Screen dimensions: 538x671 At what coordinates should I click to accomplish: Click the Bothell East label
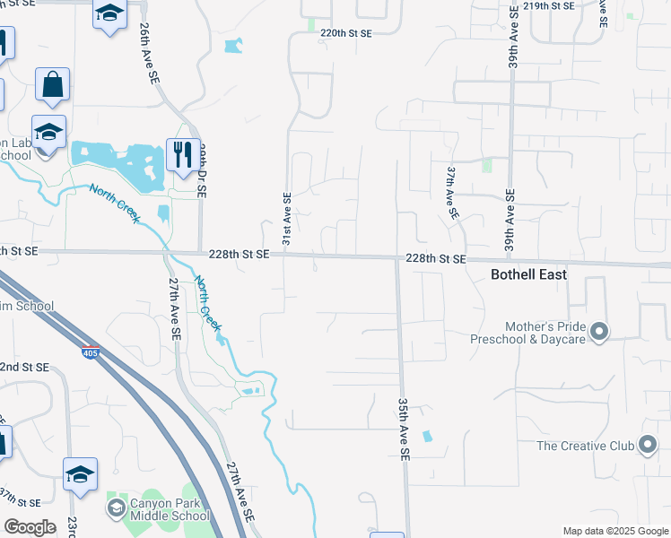point(529,274)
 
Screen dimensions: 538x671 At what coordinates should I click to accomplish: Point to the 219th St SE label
point(549,6)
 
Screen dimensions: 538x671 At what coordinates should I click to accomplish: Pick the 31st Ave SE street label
point(287,219)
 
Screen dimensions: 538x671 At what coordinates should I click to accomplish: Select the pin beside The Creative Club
point(648,446)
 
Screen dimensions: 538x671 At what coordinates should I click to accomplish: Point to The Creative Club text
point(586,446)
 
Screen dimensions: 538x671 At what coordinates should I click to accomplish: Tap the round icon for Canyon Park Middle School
point(116,508)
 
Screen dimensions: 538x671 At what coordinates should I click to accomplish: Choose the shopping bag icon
point(52,85)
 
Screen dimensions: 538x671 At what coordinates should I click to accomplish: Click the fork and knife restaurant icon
point(182,153)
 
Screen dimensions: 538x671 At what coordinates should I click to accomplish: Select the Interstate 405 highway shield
point(91,351)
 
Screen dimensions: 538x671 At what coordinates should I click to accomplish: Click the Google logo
point(30,527)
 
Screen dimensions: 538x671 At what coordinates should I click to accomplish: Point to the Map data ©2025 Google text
point(614,531)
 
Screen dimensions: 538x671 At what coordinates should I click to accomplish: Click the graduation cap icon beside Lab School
point(48,131)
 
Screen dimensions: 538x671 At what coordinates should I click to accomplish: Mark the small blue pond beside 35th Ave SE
point(426,437)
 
